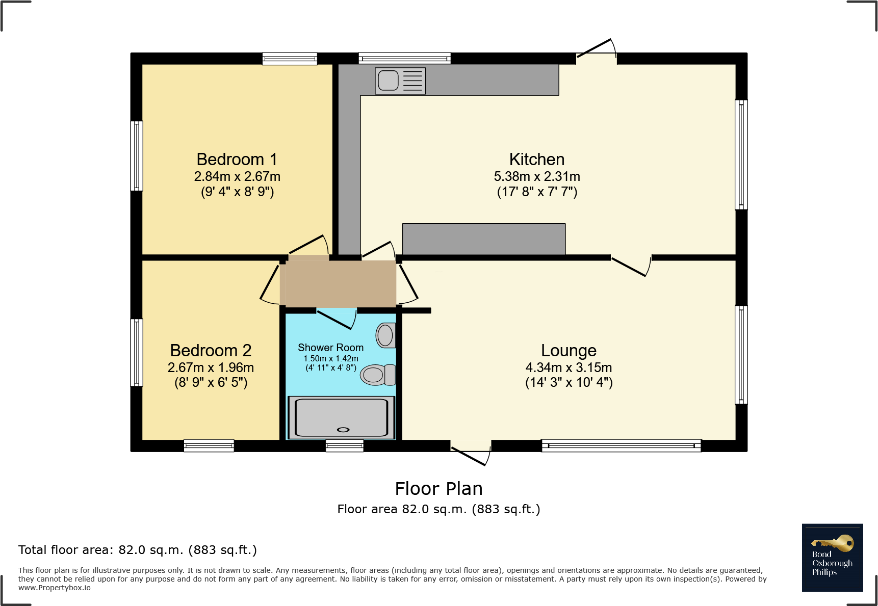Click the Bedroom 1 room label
pyautogui.click(x=237, y=160)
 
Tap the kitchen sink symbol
pyautogui.click(x=389, y=81)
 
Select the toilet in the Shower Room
pyautogui.click(x=377, y=375)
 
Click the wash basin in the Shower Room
pyautogui.click(x=385, y=335)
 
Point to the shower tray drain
pyautogui.click(x=343, y=429)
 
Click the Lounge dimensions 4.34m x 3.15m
pyautogui.click(x=569, y=367)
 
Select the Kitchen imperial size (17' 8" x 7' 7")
pyautogui.click(x=537, y=192)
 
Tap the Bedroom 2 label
pyautogui.click(x=211, y=351)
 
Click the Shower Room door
pyautogui.click(x=337, y=318)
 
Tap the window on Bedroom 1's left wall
pyautogui.click(x=137, y=156)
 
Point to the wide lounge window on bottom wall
pyautogui.click(x=621, y=446)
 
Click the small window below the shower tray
pyautogui.click(x=345, y=446)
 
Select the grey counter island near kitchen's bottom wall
pyautogui.click(x=483, y=239)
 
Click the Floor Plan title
pyautogui.click(x=438, y=489)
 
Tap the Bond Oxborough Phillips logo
pyautogui.click(x=832, y=558)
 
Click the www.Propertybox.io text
pyautogui.click(x=55, y=588)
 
